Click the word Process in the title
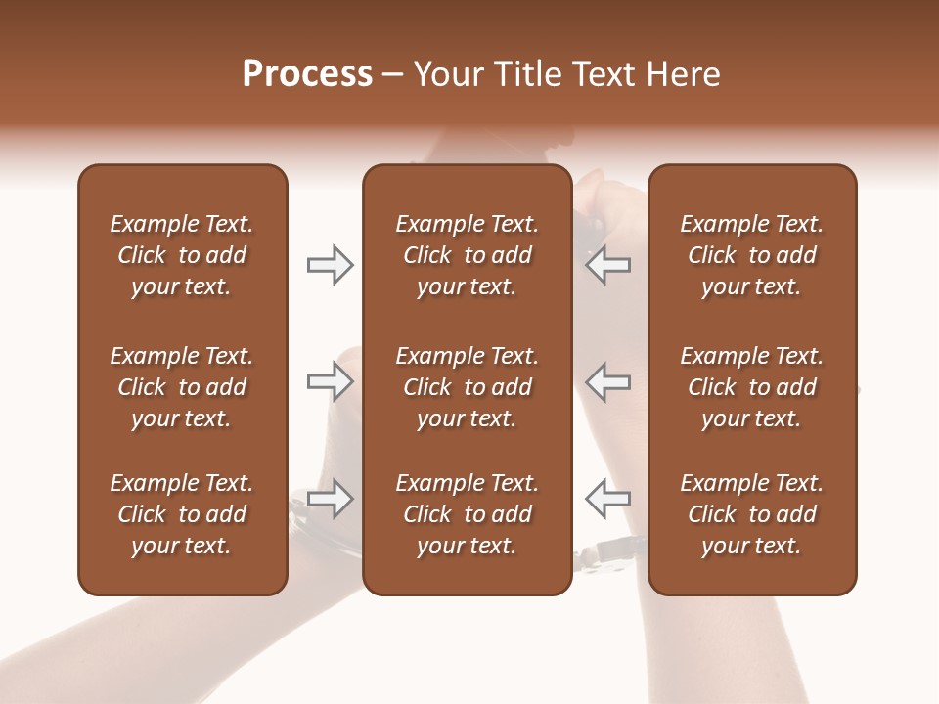[307, 74]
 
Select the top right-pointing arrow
[330, 265]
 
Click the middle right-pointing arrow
[330, 382]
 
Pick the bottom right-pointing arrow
[330, 500]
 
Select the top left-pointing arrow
[608, 265]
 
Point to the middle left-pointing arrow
[608, 382]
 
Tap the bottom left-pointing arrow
[608, 500]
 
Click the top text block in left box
[182, 255]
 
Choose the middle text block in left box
[182, 387]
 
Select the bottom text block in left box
[182, 514]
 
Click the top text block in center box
[467, 255]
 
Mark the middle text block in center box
[467, 387]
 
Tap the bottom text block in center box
[467, 514]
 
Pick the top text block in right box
[751, 255]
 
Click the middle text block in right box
[751, 387]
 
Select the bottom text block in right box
[751, 514]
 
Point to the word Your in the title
[446, 74]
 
